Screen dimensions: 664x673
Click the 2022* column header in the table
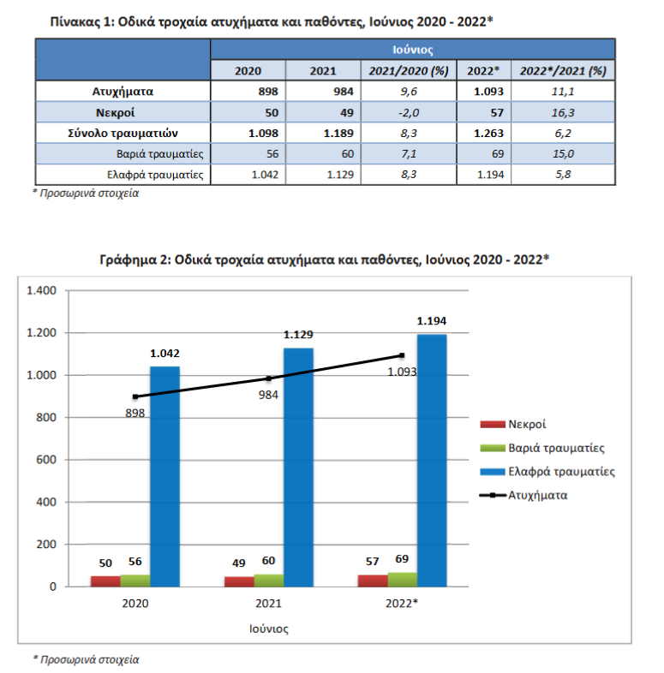coord(483,71)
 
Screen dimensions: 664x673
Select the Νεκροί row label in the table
coord(115,112)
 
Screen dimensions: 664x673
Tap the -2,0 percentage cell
coord(409,112)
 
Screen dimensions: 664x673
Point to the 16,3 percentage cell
coord(563,112)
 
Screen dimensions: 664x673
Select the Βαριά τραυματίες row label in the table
coord(159,153)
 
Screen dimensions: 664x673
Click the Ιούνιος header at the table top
coord(412,50)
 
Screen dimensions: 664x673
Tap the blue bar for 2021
coord(298,467)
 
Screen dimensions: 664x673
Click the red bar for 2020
coord(105,581)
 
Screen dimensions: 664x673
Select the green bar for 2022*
coord(403,580)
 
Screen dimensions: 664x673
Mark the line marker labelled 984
coord(268,378)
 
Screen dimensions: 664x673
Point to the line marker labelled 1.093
coord(402,355)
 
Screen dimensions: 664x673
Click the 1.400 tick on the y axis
coord(42,290)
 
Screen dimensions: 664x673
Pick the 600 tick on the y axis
coord(46,460)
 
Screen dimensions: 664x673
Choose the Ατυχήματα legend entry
coord(523,495)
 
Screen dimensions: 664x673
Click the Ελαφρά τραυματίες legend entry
coord(547,471)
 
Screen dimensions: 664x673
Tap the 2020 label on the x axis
coord(135,604)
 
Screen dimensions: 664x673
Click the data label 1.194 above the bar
coord(432,320)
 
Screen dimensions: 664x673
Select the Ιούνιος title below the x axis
coord(269,628)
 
